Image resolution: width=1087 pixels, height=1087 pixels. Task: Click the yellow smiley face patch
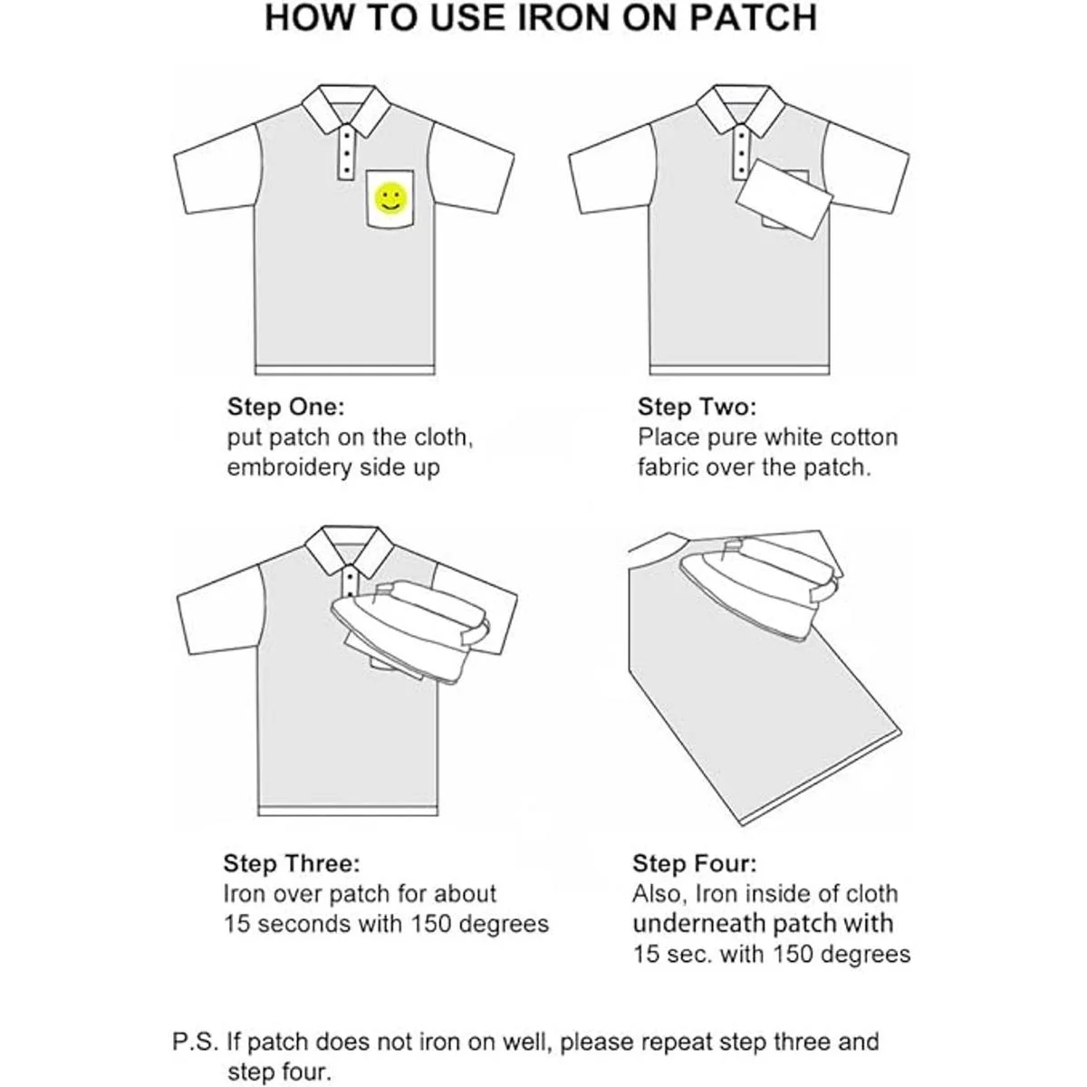click(390, 198)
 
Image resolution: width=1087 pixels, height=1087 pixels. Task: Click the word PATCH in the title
click(753, 19)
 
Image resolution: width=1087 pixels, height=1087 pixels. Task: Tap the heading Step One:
click(285, 408)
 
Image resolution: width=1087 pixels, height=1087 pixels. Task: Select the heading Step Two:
click(697, 408)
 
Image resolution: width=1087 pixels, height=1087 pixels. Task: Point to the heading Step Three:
click(291, 863)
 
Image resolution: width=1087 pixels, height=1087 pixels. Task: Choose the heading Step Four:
click(695, 863)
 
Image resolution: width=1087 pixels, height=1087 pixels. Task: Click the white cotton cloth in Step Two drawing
click(785, 198)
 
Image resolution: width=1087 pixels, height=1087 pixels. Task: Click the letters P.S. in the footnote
click(195, 1026)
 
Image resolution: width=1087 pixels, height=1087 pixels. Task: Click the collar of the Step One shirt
click(346, 110)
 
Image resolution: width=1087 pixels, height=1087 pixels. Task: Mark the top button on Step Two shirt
click(741, 135)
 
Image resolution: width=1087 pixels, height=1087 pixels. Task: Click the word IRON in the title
click(564, 19)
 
